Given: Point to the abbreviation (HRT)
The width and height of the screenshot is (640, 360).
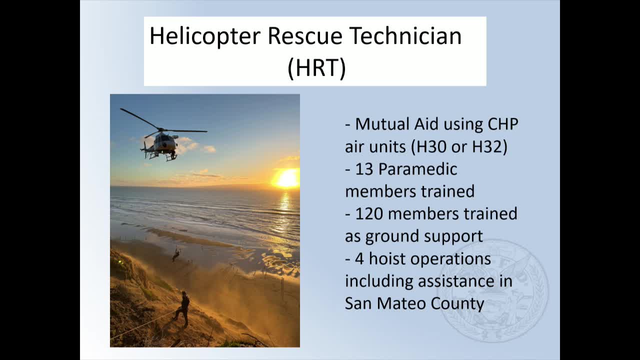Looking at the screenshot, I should click(x=316, y=68).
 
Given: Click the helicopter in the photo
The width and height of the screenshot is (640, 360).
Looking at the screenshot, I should click(x=163, y=141).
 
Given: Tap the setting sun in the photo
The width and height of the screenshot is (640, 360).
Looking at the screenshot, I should click(x=286, y=178).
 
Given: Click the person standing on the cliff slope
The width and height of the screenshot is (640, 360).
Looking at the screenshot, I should click(x=183, y=308).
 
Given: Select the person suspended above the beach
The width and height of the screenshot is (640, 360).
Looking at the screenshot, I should click(x=176, y=254).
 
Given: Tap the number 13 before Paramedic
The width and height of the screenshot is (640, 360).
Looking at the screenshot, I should click(x=364, y=169).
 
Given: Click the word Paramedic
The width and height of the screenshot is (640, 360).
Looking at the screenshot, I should click(x=417, y=169).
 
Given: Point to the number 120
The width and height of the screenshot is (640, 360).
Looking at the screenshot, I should click(x=369, y=214).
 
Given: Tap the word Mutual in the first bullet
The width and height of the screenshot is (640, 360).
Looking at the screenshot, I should click(x=381, y=124).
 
